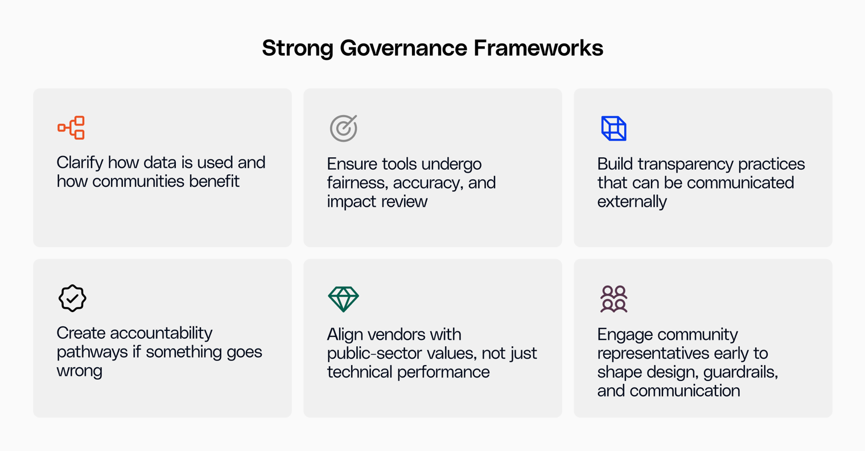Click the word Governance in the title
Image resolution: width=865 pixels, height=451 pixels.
(405, 48)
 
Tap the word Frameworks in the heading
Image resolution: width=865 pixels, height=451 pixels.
(538, 48)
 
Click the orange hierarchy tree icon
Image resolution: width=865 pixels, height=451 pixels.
(72, 128)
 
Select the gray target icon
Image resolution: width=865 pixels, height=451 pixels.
(343, 128)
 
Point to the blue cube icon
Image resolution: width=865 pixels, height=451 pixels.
(613, 128)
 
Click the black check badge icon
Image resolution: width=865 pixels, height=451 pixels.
(72, 298)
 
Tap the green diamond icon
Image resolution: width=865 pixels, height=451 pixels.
(343, 299)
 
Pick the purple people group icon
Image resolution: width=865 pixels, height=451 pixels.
(613, 299)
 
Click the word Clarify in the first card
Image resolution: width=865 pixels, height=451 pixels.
(80, 163)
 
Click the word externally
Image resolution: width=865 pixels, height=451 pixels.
(632, 202)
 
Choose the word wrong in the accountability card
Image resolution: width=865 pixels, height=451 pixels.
(80, 371)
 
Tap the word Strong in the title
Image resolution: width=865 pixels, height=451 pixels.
(298, 48)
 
